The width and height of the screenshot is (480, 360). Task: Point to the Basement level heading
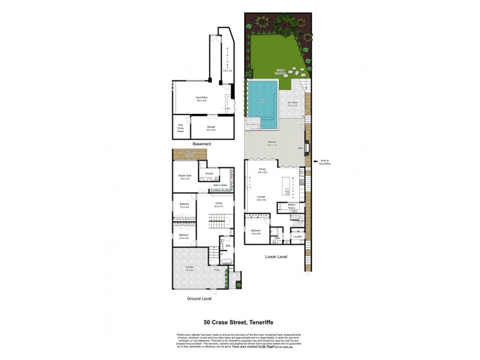201,145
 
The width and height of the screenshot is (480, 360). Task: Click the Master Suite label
184,176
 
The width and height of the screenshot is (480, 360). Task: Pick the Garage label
190,269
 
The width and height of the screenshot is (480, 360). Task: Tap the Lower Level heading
276,256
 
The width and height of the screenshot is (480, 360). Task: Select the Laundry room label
296,236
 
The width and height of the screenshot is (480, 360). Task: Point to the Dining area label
262,170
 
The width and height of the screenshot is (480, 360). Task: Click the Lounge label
262,199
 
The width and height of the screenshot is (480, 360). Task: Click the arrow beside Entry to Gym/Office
315,161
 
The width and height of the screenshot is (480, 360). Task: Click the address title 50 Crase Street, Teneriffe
239,321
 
